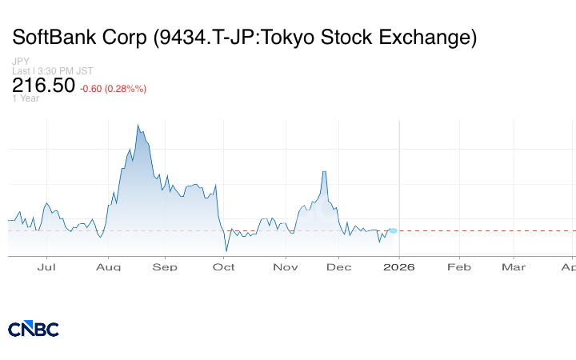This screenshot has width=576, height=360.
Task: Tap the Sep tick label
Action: [165, 267]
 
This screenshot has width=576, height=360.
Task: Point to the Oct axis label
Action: [224, 267]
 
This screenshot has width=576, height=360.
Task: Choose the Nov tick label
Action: [284, 267]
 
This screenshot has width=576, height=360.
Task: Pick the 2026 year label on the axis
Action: [399, 267]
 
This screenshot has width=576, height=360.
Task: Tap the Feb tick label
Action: [458, 267]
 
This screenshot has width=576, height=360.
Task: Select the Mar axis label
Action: [514, 267]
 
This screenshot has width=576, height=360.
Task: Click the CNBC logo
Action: [34, 329]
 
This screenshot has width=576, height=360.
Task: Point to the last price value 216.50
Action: [43, 86]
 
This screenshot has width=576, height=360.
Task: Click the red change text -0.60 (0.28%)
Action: [113, 88]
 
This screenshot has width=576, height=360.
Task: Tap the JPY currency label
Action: [20, 62]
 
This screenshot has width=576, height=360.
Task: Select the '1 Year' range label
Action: [25, 98]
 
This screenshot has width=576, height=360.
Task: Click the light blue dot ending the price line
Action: [393, 230]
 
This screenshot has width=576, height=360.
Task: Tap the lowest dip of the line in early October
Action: [226, 250]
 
